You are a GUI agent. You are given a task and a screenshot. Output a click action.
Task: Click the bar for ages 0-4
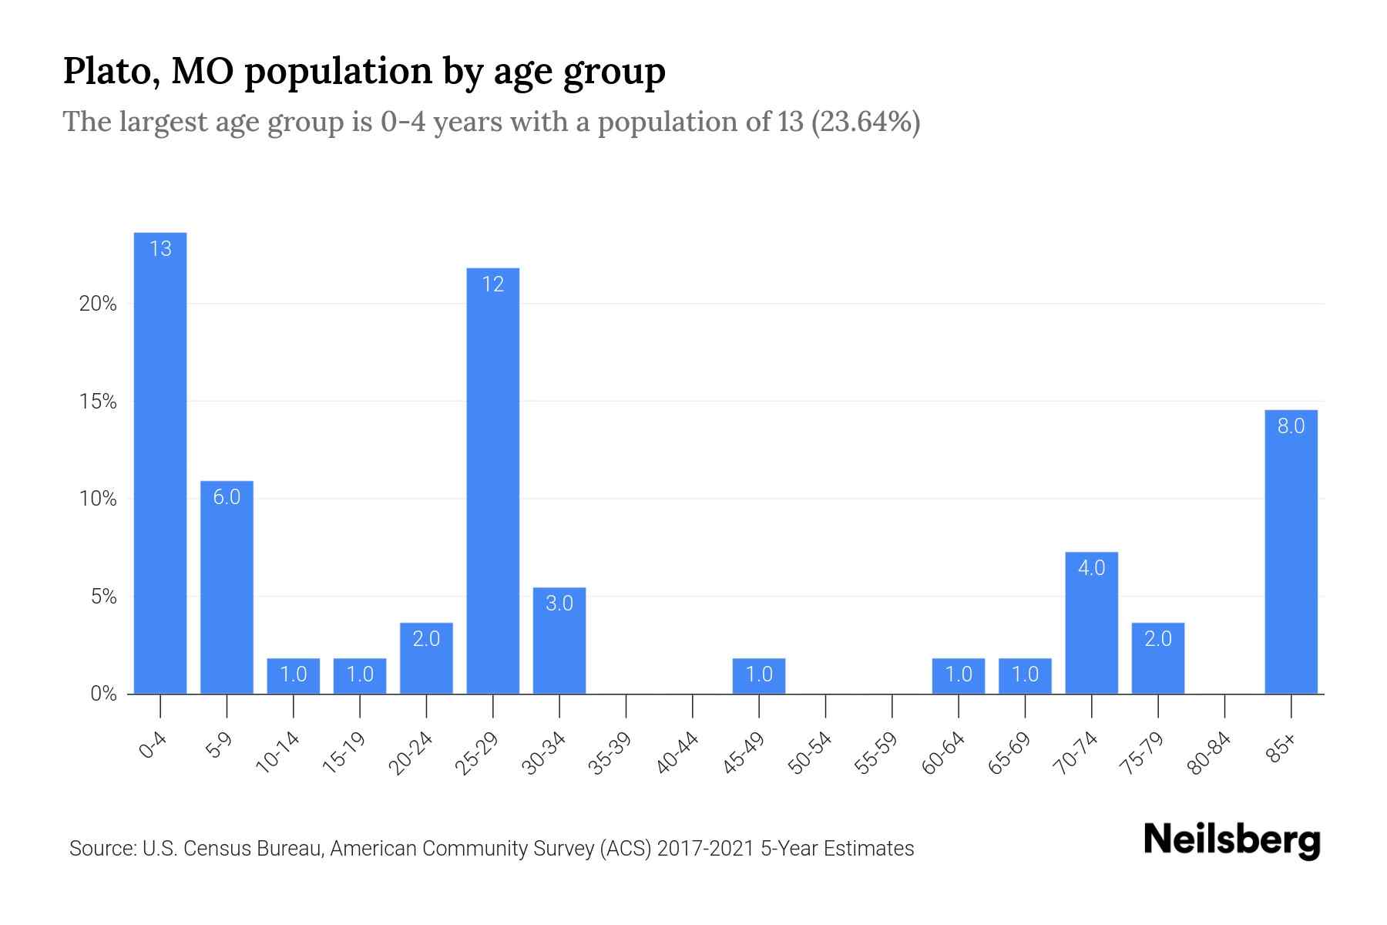(x=160, y=462)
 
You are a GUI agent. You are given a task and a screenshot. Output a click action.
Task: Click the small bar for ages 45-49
(x=759, y=676)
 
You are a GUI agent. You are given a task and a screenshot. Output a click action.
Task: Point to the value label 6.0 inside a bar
(x=227, y=497)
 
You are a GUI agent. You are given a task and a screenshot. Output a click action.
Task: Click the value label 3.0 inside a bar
(x=559, y=604)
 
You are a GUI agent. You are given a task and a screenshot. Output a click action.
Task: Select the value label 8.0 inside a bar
(x=1291, y=426)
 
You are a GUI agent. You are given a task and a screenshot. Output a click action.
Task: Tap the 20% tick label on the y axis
(x=98, y=304)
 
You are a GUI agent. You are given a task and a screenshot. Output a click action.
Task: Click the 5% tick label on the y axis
(x=102, y=597)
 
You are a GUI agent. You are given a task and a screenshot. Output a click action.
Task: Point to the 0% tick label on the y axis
(x=103, y=695)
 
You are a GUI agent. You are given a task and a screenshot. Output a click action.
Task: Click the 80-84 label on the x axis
(x=1208, y=753)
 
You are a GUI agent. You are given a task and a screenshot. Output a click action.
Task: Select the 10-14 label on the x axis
(x=277, y=753)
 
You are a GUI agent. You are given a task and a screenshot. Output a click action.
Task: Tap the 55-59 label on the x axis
(x=875, y=753)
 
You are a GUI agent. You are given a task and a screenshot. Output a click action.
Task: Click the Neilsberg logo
(x=1231, y=840)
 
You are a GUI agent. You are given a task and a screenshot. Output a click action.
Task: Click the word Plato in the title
(x=106, y=72)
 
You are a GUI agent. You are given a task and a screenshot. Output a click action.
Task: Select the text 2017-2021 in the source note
(x=705, y=849)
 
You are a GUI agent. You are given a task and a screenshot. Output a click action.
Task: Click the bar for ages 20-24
(x=426, y=658)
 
